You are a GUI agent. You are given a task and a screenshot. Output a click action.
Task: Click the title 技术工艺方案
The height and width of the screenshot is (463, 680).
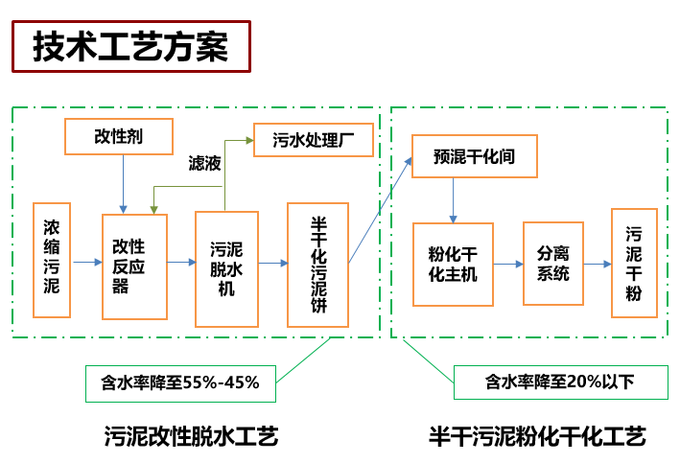pyautogui.click(x=130, y=47)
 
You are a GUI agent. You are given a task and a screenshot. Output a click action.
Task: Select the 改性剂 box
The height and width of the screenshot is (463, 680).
pyautogui.click(x=118, y=137)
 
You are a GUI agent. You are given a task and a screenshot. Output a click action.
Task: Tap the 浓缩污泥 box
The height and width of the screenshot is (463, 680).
pyautogui.click(x=53, y=260)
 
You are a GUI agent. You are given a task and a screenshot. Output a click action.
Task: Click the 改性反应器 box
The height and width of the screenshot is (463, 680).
pyautogui.click(x=134, y=266)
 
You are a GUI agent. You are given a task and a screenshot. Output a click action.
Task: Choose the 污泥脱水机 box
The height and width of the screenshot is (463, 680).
pyautogui.click(x=226, y=268)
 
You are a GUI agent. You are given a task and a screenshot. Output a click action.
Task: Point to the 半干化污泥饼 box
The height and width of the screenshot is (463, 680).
pyautogui.click(x=317, y=265)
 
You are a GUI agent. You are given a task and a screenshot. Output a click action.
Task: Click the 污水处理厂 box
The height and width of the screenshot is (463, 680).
pyautogui.click(x=313, y=141)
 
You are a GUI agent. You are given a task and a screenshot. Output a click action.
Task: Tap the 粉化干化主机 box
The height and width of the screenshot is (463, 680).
pyautogui.click(x=453, y=264)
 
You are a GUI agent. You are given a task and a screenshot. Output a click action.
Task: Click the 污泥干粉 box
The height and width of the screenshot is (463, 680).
pyautogui.click(x=634, y=264)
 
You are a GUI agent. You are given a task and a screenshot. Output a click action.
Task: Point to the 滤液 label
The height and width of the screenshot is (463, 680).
pyautogui.click(x=204, y=165)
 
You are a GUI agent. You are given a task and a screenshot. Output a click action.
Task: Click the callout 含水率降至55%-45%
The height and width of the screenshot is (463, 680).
pyautogui.click(x=180, y=382)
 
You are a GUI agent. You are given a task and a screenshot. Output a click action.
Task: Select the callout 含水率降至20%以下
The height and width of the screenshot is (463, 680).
pyautogui.click(x=560, y=382)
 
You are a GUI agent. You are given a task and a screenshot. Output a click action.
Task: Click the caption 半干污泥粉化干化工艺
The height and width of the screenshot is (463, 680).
pyautogui.click(x=537, y=437)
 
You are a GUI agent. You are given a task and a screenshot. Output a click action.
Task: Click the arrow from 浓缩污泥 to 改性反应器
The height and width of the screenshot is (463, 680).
pyautogui.click(x=87, y=261)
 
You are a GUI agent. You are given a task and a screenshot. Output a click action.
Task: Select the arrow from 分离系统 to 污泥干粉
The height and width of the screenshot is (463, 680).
pyautogui.click(x=598, y=263)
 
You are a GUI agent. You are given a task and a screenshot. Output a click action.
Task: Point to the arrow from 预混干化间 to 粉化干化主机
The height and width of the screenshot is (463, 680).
pyautogui.click(x=454, y=201)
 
